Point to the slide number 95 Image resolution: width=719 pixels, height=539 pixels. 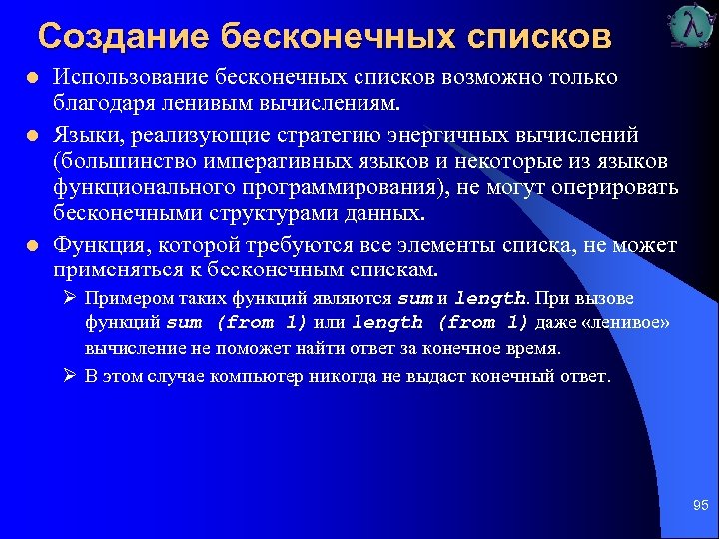700,507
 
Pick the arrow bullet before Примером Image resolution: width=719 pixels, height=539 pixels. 69,298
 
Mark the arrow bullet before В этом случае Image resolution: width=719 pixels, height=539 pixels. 69,376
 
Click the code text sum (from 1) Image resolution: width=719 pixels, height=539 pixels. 236,323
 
